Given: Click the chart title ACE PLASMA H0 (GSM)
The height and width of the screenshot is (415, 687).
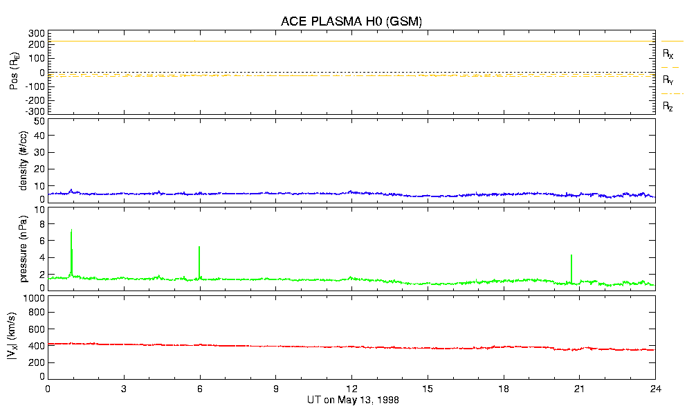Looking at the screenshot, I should click(x=351, y=21).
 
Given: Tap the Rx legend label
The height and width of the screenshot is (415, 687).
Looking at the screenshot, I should click(x=668, y=53).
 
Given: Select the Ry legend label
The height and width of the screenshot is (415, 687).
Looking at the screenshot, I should click(x=668, y=80).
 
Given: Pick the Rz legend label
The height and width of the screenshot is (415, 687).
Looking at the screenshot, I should click(x=668, y=107).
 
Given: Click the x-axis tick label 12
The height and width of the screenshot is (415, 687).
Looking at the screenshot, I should click(x=351, y=389).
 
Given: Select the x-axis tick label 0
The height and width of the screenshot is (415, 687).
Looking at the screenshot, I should click(x=48, y=389).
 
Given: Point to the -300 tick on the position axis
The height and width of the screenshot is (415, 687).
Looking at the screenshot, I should click(x=35, y=111).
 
